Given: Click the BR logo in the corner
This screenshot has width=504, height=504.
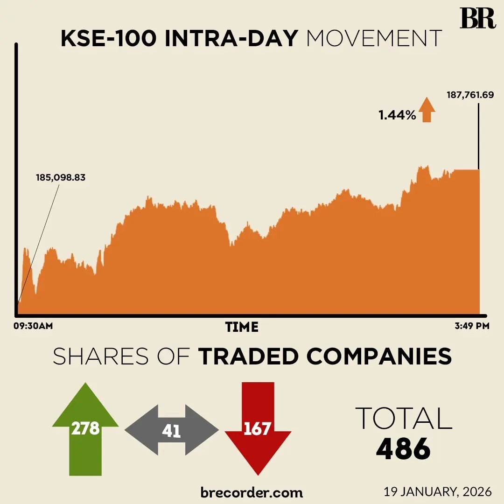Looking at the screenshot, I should pyautogui.click(x=477, y=18).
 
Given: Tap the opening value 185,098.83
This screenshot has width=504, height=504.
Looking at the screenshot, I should pyautogui.click(x=61, y=177).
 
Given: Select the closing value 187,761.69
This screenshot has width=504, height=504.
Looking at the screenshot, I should pyautogui.click(x=470, y=95).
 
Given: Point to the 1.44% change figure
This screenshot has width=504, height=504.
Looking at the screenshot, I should pyautogui.click(x=397, y=115).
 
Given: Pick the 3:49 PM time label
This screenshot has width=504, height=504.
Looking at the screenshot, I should pyautogui.click(x=471, y=326).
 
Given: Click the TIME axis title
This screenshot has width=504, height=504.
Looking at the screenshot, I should pyautogui.click(x=242, y=327).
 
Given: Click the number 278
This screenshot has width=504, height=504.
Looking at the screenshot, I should pyautogui.click(x=85, y=428).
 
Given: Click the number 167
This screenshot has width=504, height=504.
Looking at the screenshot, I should pyautogui.click(x=258, y=428).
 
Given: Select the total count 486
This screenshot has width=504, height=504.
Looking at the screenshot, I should pyautogui.click(x=403, y=448).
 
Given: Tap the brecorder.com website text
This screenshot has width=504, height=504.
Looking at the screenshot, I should pyautogui.click(x=252, y=492).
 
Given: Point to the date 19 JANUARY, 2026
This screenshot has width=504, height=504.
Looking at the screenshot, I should pyautogui.click(x=438, y=491).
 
